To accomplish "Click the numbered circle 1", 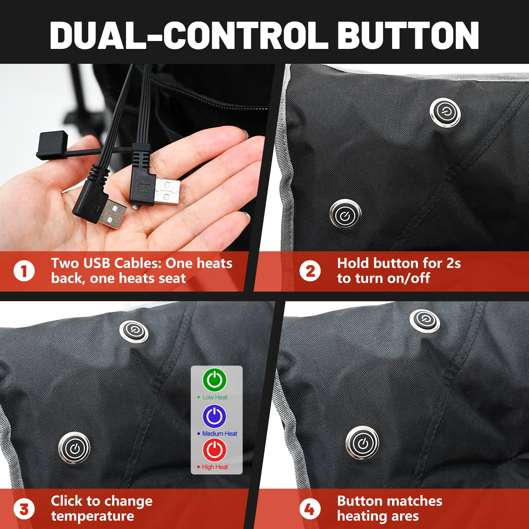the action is coord(24,271).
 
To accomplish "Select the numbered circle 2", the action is coord(310,271).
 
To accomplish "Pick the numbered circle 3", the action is coord(24,509).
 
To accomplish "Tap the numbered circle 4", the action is coord(310,509).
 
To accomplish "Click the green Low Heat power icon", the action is coord(215,380).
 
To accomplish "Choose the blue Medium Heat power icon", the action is coord(215,416).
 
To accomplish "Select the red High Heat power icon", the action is coord(215,450).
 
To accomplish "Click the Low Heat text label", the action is coord(215,397).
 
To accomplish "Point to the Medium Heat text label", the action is coord(220,433).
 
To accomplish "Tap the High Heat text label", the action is coord(215,467).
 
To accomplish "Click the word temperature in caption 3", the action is coord(93,516).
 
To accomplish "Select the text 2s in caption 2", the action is coord(453,264).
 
